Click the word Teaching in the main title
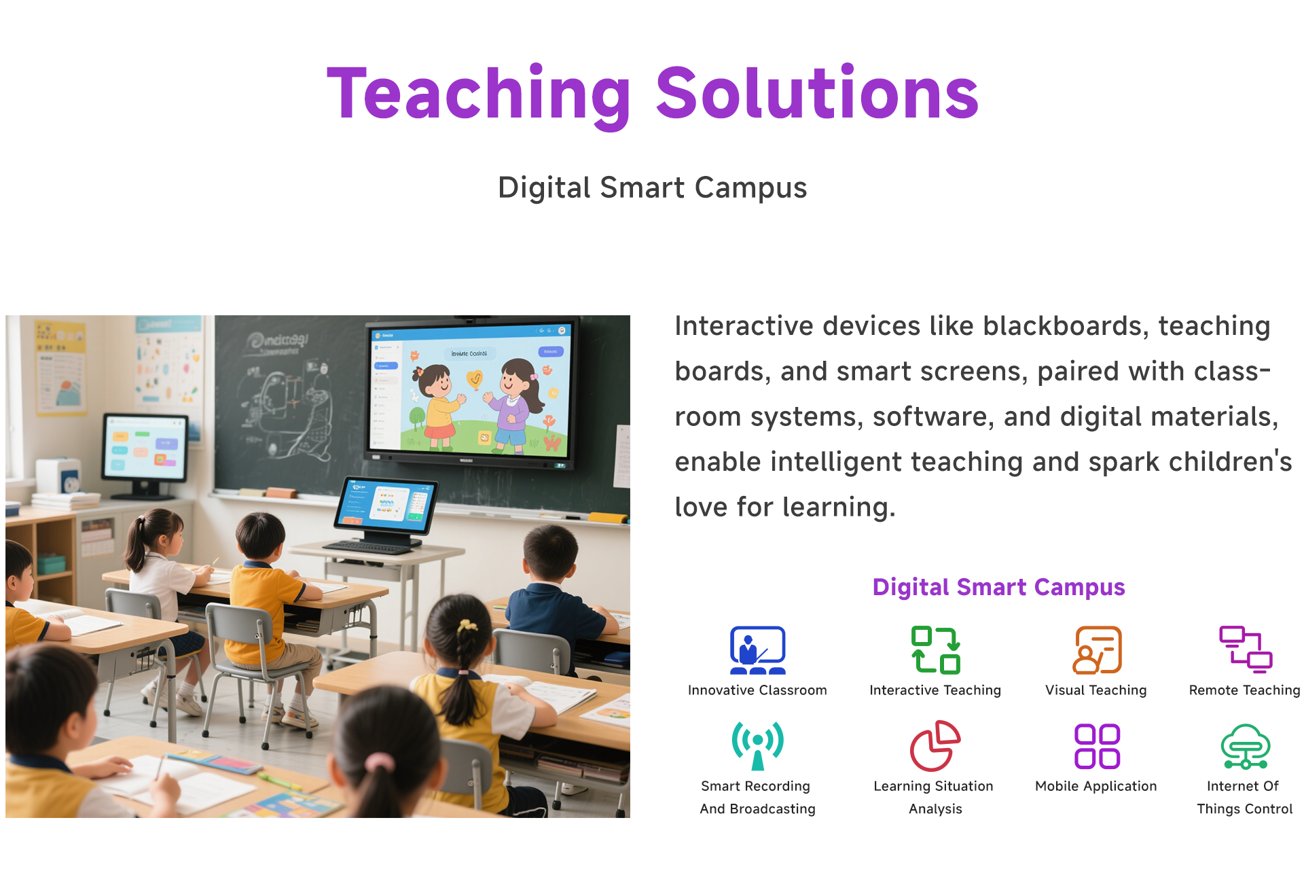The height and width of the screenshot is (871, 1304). pos(479,95)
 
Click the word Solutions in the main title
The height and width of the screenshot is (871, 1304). pos(816,92)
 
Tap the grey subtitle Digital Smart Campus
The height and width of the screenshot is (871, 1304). pos(652,188)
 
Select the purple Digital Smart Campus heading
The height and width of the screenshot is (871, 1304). pos(998,587)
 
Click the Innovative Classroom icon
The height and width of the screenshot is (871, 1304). pos(757,650)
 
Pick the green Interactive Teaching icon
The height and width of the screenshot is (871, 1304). pos(935,650)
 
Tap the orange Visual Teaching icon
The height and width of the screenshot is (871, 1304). pos(1097,650)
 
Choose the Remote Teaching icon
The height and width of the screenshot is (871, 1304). pos(1245,650)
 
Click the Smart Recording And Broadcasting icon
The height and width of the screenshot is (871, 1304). pos(757,746)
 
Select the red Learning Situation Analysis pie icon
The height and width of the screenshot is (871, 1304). pos(935,746)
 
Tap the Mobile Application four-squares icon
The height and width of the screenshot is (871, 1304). pos(1097,747)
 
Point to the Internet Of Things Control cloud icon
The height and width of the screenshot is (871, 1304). pos(1245,747)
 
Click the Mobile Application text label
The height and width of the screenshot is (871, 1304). pos(1095,786)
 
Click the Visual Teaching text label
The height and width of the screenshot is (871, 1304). pos(1095,690)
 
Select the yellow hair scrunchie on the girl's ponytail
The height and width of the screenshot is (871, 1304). pos(467,625)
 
